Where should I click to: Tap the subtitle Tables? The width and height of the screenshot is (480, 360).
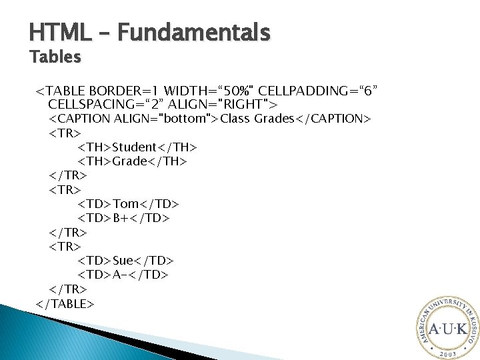[x=55, y=57]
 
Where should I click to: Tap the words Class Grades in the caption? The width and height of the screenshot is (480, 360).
[x=257, y=119]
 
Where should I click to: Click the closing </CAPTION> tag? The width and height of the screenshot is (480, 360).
[x=333, y=119]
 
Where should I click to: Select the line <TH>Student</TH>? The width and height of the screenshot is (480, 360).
[x=137, y=147]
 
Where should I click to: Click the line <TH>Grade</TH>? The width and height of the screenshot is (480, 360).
[x=133, y=161]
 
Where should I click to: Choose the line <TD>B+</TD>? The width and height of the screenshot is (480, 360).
[x=124, y=218]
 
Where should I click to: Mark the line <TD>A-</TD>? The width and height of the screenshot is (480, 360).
[x=123, y=275]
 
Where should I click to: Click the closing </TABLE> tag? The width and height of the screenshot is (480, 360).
[x=65, y=303]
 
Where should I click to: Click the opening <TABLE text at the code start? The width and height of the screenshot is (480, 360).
[x=61, y=90]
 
